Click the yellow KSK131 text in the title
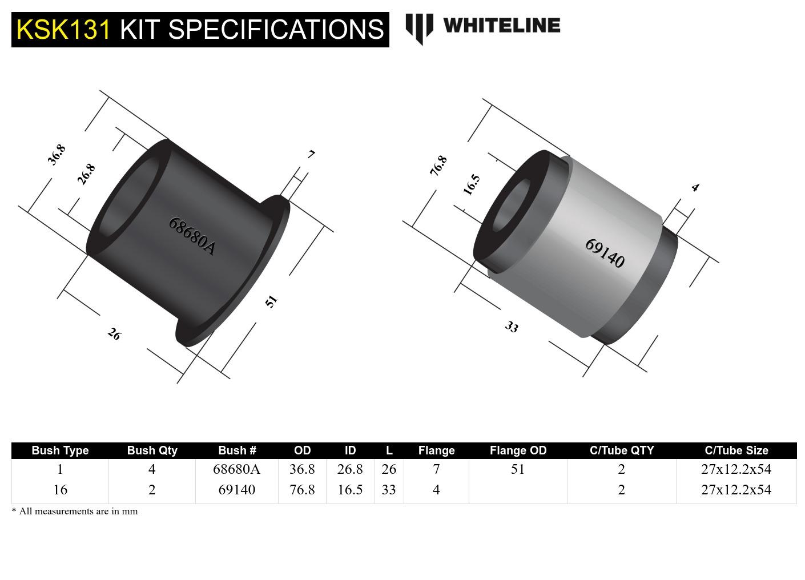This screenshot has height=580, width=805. click(x=63, y=29)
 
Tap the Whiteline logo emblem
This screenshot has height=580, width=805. click(x=419, y=27)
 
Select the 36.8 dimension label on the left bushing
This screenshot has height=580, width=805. click(x=57, y=155)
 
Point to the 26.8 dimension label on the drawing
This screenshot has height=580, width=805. click(x=86, y=174)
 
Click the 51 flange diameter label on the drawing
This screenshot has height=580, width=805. click(x=271, y=301)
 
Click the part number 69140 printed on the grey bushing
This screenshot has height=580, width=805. click(x=605, y=253)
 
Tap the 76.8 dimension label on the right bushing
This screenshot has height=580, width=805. click(x=438, y=166)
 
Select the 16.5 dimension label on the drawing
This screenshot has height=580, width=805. click(x=472, y=184)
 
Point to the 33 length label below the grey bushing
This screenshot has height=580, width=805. click(x=512, y=327)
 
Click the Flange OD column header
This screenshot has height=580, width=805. click(x=518, y=450)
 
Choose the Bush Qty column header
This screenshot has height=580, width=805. click(x=152, y=450)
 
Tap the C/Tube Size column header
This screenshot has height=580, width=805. click(x=736, y=450)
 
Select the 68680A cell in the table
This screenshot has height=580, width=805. click(x=236, y=469)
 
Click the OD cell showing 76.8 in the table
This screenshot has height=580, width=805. click(x=302, y=490)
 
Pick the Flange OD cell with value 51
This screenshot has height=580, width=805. click(x=518, y=469)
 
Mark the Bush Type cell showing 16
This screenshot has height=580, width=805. click(x=60, y=490)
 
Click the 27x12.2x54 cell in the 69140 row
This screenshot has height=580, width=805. click(x=736, y=490)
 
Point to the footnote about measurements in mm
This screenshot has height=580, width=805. click(x=75, y=511)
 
